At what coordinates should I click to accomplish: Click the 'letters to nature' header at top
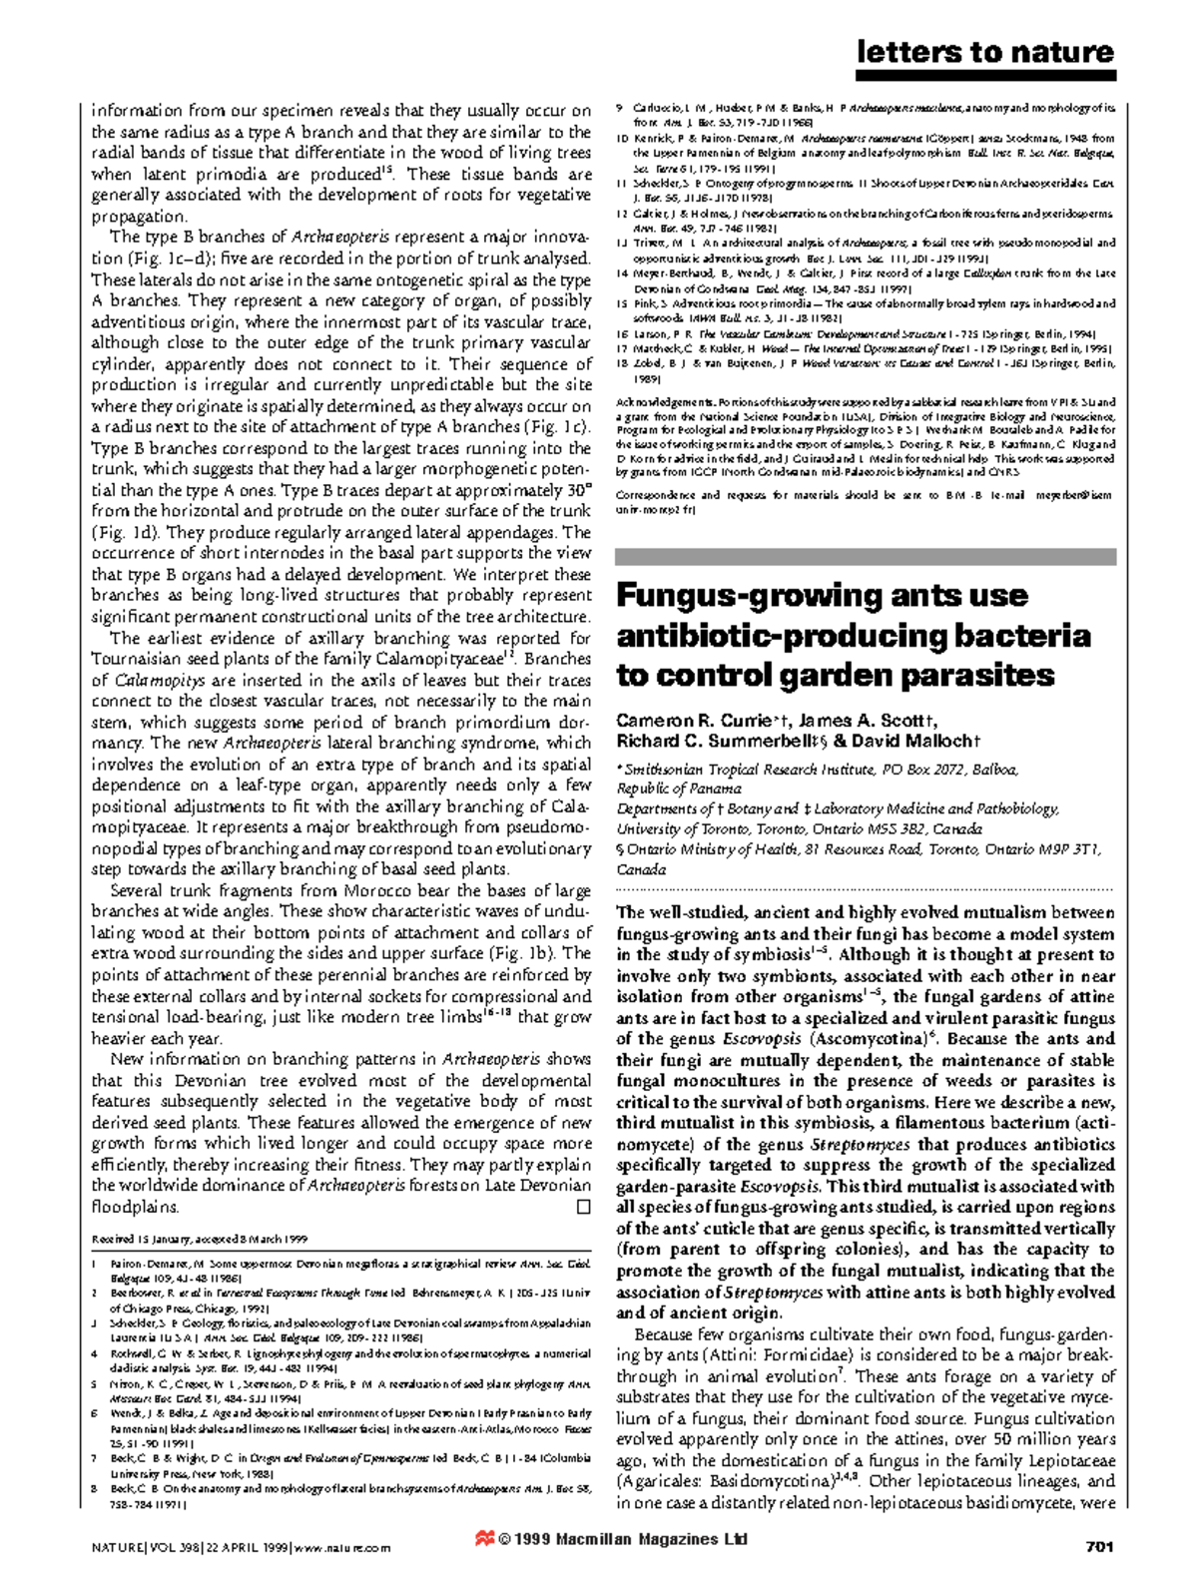pos(984,52)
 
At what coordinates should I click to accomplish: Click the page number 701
pos(1098,1547)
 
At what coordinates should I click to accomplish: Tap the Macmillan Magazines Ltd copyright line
pos(623,1539)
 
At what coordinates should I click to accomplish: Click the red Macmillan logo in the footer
pos(484,1539)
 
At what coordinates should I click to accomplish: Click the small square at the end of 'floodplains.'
pos(583,1207)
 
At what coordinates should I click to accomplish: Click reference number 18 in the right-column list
pos(621,364)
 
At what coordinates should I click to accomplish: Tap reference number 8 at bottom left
pos(95,1488)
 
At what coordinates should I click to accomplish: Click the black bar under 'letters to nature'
pos(984,76)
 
